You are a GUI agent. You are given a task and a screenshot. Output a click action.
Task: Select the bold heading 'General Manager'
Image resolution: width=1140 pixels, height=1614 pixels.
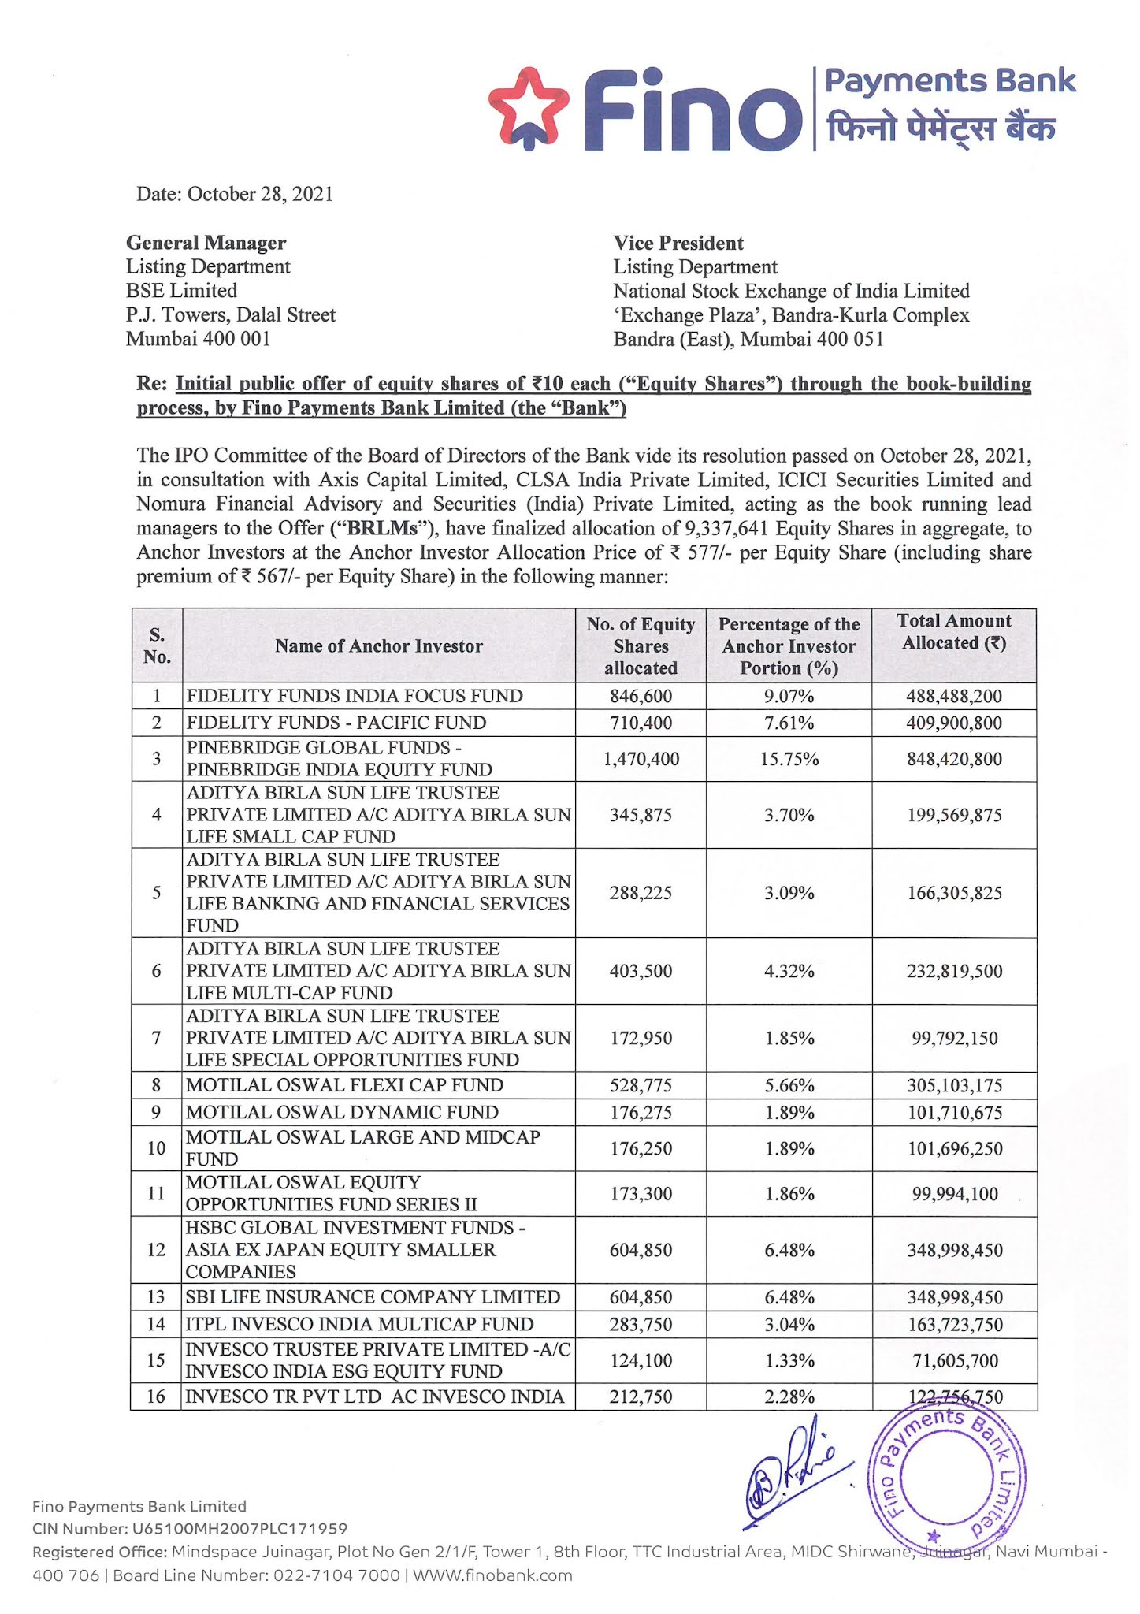pyautogui.click(x=206, y=243)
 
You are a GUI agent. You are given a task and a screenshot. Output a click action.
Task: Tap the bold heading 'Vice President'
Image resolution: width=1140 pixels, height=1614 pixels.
pyautogui.click(x=678, y=243)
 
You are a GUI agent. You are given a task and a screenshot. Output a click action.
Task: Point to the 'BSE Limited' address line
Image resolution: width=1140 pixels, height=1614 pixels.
pyautogui.click(x=181, y=291)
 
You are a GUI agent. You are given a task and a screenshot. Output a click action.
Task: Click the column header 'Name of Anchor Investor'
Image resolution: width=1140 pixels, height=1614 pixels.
pyautogui.click(x=378, y=646)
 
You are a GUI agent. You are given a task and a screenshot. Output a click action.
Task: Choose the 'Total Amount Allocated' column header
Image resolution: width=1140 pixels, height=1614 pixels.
pyautogui.click(x=953, y=632)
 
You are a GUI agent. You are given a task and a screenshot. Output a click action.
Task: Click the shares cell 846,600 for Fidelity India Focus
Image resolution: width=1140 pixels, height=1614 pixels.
pyautogui.click(x=641, y=696)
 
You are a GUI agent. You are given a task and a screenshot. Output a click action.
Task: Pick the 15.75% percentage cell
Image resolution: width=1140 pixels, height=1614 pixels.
pyautogui.click(x=789, y=759)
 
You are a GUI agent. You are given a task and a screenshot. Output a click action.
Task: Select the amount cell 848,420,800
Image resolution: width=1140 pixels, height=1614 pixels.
pyautogui.click(x=954, y=759)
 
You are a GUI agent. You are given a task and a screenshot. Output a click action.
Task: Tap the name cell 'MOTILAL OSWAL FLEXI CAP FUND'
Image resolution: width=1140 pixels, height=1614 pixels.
pyautogui.click(x=344, y=1085)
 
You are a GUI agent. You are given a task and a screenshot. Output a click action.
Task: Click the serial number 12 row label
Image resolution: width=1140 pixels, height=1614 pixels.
pyautogui.click(x=156, y=1250)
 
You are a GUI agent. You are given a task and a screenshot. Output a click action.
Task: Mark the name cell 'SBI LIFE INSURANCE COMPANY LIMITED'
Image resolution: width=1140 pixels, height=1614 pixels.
pyautogui.click(x=373, y=1297)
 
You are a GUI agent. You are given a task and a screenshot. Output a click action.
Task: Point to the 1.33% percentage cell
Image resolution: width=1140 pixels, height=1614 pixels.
pyautogui.click(x=789, y=1360)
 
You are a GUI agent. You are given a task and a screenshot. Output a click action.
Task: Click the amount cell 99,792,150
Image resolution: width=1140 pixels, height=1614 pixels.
pyautogui.click(x=954, y=1038)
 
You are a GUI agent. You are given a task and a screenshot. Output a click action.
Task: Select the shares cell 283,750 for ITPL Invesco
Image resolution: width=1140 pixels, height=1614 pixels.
pyautogui.click(x=641, y=1324)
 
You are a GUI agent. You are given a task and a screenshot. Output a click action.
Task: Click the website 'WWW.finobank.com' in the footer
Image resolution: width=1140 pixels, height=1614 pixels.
pyautogui.click(x=492, y=1575)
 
